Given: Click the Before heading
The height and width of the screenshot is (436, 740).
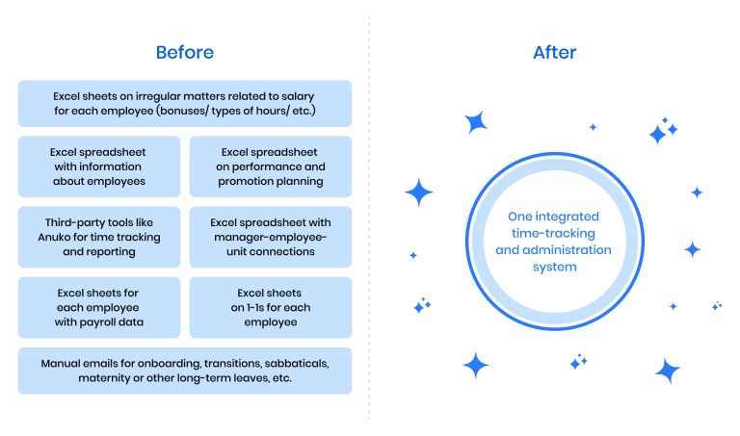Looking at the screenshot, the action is tap(185, 52).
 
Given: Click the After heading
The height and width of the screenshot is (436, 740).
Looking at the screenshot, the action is tap(555, 52).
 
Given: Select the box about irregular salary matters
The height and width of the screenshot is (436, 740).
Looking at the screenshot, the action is tap(185, 103).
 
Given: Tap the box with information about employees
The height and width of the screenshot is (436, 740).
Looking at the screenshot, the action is tap(99, 167).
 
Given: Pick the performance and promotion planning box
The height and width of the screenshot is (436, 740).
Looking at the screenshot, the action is tap(271, 167).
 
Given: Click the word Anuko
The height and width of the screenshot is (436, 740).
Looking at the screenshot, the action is tap(54, 237).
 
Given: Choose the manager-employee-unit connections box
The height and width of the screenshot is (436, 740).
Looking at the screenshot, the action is tap(271, 237).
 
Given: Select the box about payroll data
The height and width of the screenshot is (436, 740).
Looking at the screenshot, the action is tap(99, 307).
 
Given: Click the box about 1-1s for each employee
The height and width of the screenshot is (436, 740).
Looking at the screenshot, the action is tap(271, 307).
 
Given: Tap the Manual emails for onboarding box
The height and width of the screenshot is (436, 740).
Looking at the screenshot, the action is tap(185, 371).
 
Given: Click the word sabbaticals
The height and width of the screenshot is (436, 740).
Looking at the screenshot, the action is tap(297, 364).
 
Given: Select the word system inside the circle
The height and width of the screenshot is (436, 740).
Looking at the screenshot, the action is tap(555, 268).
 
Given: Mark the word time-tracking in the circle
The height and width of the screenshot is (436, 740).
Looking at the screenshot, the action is tap(553, 233).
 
